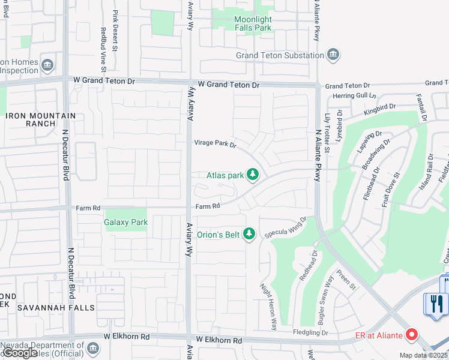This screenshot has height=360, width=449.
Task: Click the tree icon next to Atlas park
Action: (253, 175)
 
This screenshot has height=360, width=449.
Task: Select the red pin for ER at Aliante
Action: (412, 335)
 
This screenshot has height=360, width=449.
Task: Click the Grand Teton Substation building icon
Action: (333, 56)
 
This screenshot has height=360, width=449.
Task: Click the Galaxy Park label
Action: (126, 222)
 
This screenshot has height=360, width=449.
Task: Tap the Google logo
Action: (20, 353)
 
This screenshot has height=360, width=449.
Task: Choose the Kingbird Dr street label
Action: (379, 109)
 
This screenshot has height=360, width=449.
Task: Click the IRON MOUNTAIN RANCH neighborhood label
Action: (41, 119)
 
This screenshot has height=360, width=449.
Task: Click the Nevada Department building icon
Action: (92, 348)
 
